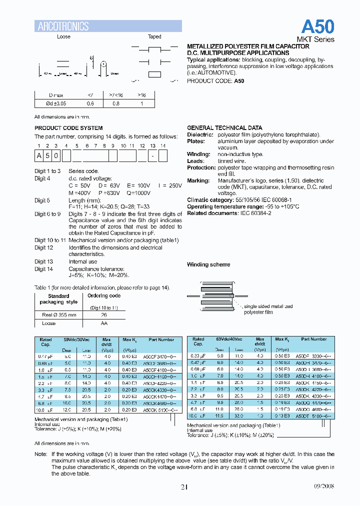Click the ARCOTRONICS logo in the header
63,26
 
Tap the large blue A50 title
317,26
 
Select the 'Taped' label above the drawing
154,36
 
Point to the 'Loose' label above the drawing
63,36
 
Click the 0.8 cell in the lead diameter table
115,103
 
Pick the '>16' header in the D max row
141,94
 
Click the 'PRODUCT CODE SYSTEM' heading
68,128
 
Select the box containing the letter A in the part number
39,156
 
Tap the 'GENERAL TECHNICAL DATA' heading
224,128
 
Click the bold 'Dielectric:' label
200,134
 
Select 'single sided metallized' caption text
269,306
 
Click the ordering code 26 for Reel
104,315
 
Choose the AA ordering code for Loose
104,323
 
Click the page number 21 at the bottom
184,487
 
